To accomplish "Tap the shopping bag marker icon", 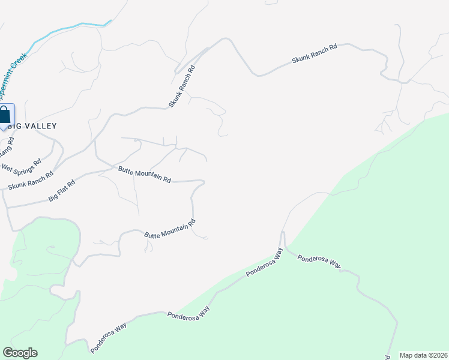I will click(5, 115).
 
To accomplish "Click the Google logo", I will click(20, 353).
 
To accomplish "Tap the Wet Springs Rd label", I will click(22, 165).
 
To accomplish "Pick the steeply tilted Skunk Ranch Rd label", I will click(182, 86).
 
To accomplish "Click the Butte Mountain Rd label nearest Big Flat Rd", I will click(145, 175).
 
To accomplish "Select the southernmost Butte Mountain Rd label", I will click(170, 230).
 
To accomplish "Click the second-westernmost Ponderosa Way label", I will click(188, 313).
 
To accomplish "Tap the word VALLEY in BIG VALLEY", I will click(41, 126).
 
